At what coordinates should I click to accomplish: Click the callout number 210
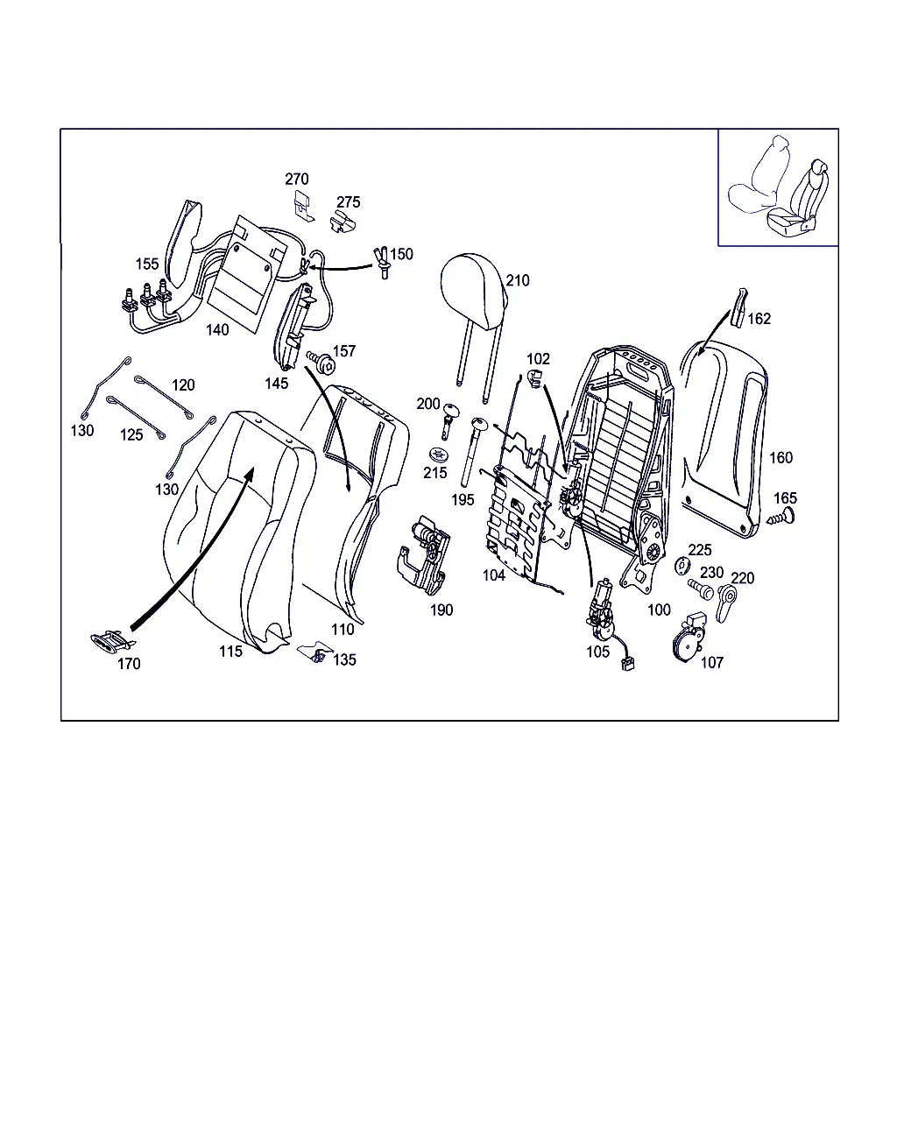(518, 281)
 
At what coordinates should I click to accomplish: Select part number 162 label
(759, 319)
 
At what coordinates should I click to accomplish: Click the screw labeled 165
(781, 518)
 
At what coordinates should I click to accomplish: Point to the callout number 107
(712, 663)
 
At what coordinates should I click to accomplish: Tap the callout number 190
(441, 610)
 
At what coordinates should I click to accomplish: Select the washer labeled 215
(438, 455)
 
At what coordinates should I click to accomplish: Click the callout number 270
(297, 180)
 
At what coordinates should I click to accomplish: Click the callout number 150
(401, 254)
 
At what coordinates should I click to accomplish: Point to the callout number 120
(183, 385)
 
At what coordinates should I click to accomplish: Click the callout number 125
(131, 435)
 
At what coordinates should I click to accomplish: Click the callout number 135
(344, 660)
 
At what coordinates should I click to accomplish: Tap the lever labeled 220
(726, 603)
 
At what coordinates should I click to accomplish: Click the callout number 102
(538, 359)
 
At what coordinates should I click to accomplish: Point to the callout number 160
(780, 458)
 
